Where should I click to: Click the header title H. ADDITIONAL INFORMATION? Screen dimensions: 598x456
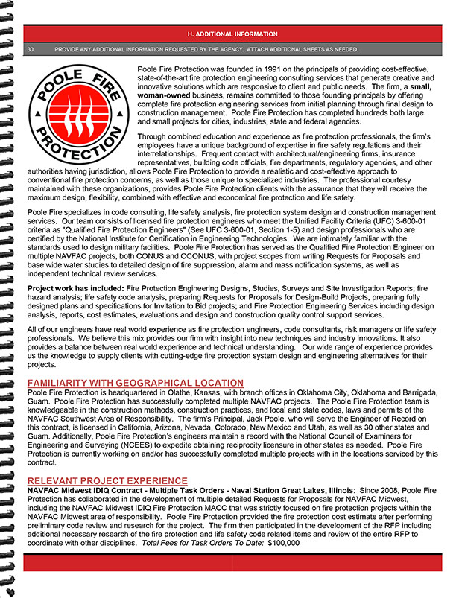232,34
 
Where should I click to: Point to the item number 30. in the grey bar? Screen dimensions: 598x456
31,49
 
